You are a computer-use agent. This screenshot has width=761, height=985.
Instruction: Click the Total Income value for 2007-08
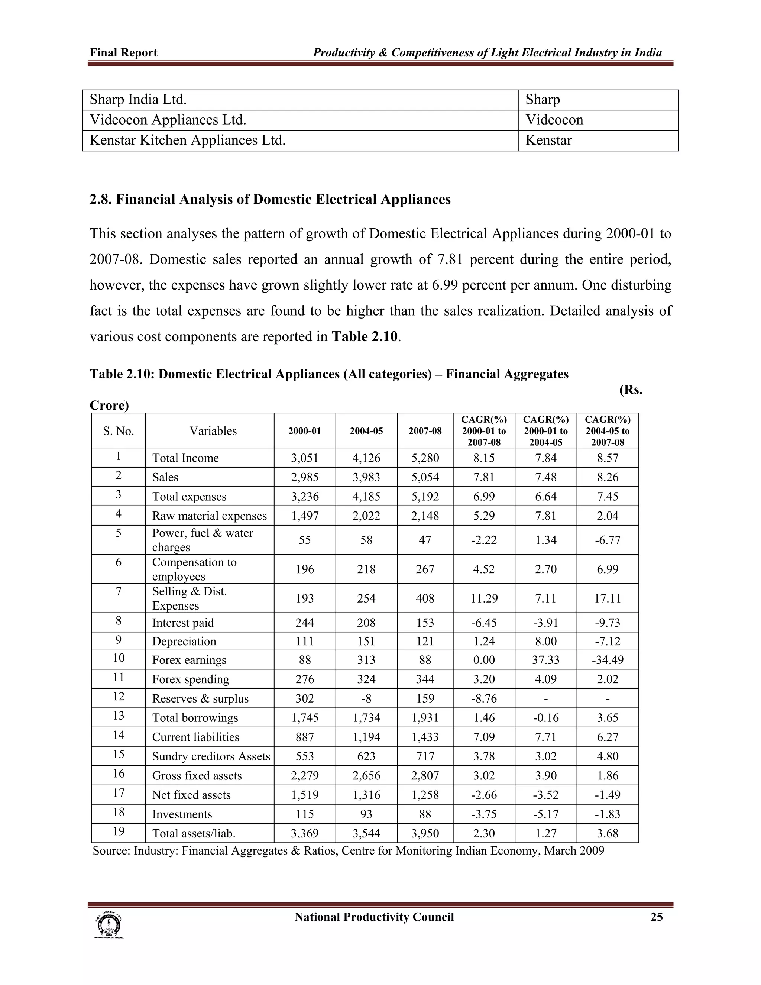425,458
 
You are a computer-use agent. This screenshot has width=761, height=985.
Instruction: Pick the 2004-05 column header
366,431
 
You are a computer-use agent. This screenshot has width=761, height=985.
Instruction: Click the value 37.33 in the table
545,660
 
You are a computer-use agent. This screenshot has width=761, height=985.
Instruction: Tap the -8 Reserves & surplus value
366,698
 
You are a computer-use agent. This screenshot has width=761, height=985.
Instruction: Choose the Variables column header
213,431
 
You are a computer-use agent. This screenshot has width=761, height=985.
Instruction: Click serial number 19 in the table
119,831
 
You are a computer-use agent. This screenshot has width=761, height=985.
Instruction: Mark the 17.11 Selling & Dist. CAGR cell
607,598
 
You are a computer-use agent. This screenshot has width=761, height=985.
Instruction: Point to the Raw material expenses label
209,516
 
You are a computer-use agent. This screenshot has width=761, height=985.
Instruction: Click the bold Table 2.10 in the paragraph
365,336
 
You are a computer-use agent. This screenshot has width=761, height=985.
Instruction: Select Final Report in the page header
123,53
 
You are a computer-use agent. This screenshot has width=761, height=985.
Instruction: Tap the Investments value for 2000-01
305,814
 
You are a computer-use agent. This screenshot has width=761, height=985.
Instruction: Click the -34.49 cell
607,660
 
